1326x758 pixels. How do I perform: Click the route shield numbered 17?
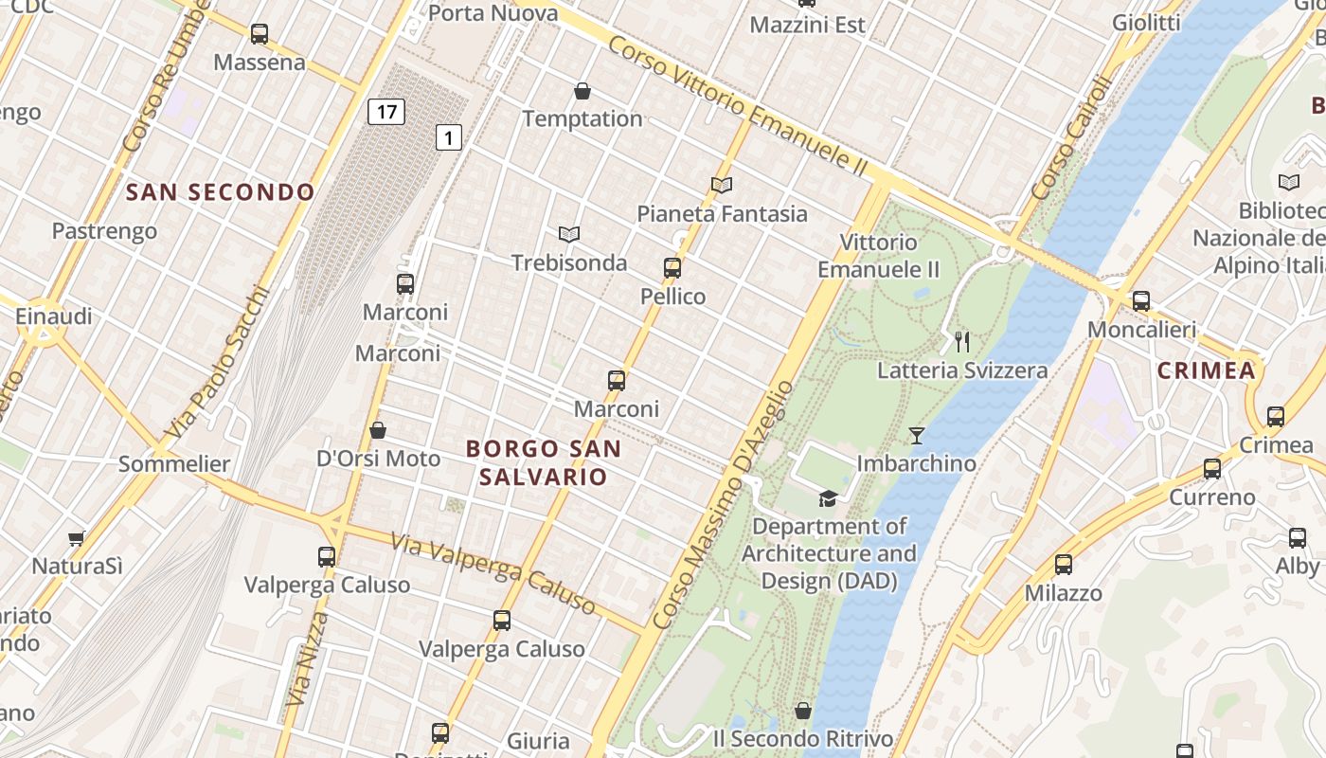(386, 112)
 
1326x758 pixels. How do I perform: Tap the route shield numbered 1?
(449, 137)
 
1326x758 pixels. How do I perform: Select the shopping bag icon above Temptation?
(582, 91)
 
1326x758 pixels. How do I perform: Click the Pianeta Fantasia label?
(722, 213)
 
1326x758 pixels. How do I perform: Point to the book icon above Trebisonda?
(568, 234)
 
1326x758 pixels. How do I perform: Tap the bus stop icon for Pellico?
(672, 268)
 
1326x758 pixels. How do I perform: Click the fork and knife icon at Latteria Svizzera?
(962, 341)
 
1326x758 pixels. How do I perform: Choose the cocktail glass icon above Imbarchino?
(917, 436)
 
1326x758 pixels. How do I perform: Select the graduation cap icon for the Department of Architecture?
(829, 498)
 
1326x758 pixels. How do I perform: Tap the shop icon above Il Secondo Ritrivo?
(803, 711)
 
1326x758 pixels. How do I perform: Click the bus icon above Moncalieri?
(1141, 301)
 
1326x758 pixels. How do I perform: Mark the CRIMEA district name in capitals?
(1207, 370)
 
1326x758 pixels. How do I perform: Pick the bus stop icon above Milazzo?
(1064, 565)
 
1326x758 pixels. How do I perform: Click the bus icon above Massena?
(260, 34)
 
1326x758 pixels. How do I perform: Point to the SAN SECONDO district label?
(221, 192)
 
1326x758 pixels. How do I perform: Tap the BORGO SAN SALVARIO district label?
(544, 462)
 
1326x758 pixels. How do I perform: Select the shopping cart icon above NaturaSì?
(77, 538)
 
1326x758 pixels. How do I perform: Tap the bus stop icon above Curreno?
(1212, 469)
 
